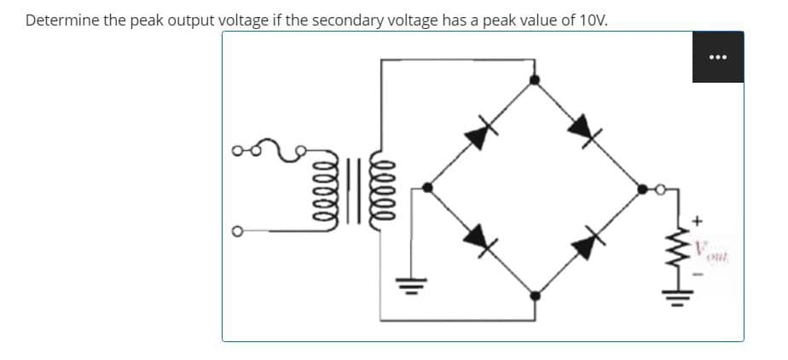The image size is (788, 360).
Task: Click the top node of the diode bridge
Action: pyautogui.click(x=535, y=80)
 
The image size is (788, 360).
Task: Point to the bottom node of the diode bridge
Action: pyautogui.click(x=535, y=296)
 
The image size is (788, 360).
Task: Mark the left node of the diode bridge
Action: pyautogui.click(x=428, y=187)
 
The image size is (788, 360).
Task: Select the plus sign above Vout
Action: pyautogui.click(x=698, y=221)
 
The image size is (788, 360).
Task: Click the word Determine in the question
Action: pyautogui.click(x=62, y=20)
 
